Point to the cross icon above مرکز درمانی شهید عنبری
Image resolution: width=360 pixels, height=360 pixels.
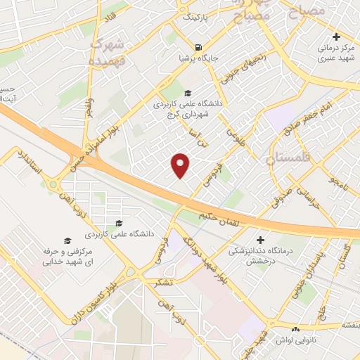336,36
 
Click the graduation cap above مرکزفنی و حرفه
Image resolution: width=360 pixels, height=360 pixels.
67,240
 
